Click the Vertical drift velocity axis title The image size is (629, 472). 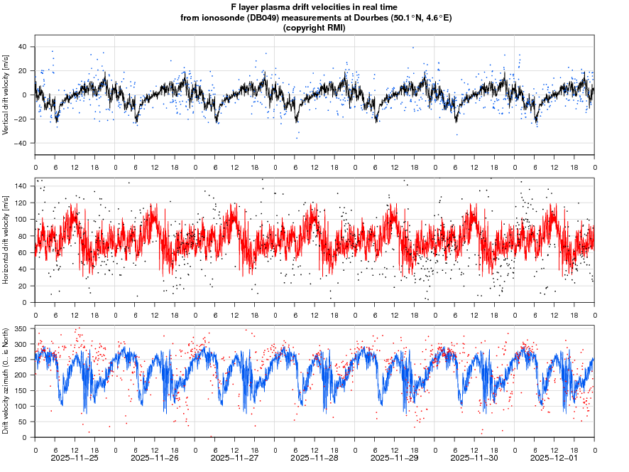[x=6, y=95]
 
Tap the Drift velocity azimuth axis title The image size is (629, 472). [x=6, y=381]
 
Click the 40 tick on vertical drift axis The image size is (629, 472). [x=22, y=47]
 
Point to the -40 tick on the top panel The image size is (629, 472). [x=21, y=143]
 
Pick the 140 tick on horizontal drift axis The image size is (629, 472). [x=21, y=186]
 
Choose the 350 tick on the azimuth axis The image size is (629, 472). [x=21, y=329]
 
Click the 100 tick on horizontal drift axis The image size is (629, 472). [x=21, y=220]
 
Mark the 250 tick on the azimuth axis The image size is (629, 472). [x=21, y=360]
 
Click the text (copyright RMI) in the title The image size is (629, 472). [x=314, y=28]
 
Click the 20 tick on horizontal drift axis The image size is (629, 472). [x=23, y=286]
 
